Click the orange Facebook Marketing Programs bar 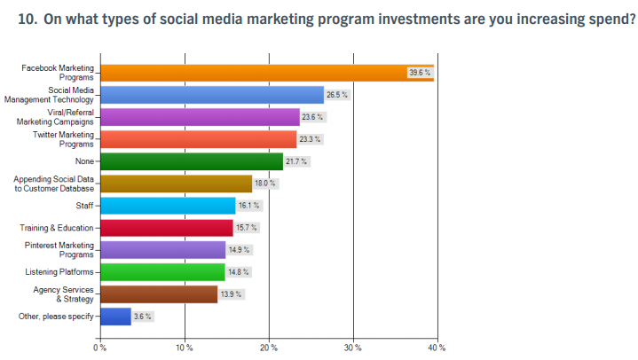tap(266, 73)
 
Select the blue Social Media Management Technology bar tap(212, 95)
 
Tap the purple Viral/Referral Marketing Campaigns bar tap(200, 117)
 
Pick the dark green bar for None tap(192, 161)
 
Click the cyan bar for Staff tap(168, 206)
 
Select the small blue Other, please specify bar tap(116, 317)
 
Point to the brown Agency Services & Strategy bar tap(159, 294)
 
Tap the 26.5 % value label tap(338, 95)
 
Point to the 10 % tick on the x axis tap(185, 347)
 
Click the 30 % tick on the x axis tap(353, 347)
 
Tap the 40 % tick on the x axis tap(436, 347)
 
